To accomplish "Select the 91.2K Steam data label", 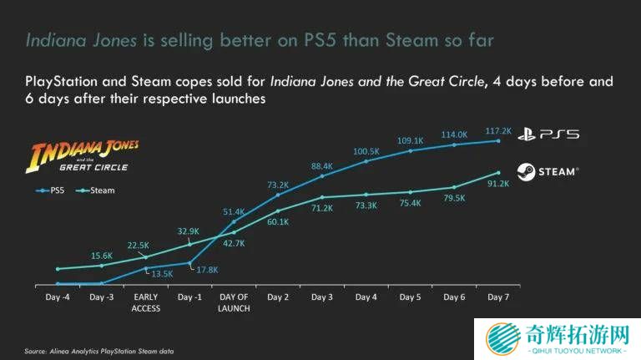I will (x=498, y=183).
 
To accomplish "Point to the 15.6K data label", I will (x=101, y=256).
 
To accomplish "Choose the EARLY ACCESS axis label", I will (x=146, y=302).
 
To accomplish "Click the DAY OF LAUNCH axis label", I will (x=235, y=302).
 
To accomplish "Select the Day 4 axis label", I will (x=366, y=297).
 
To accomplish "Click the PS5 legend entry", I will (x=53, y=190).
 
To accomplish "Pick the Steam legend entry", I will (x=98, y=190).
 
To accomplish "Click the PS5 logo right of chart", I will (x=548, y=134).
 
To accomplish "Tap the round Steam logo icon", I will (x=526, y=171).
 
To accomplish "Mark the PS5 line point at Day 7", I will (x=498, y=141).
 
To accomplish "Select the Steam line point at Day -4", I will (x=58, y=269).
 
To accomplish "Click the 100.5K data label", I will (x=366, y=151).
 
